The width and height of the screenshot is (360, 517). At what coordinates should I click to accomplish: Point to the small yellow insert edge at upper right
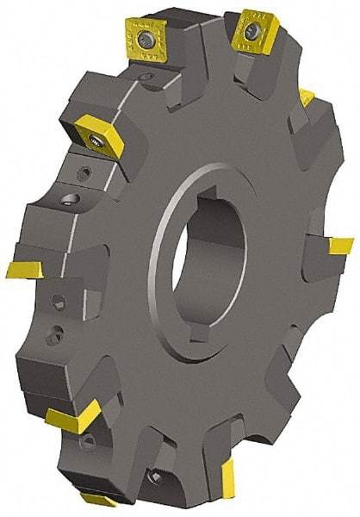click(307, 97)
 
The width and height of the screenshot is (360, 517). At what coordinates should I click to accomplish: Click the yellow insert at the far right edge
click(340, 246)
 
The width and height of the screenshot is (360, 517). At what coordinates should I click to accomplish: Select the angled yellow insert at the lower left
click(76, 420)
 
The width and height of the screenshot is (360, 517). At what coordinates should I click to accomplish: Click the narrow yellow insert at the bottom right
click(228, 478)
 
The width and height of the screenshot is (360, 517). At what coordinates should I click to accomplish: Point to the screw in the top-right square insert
click(251, 32)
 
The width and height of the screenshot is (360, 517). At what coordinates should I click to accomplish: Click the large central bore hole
click(205, 257)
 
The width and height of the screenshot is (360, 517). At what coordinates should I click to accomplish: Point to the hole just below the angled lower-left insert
click(86, 444)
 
